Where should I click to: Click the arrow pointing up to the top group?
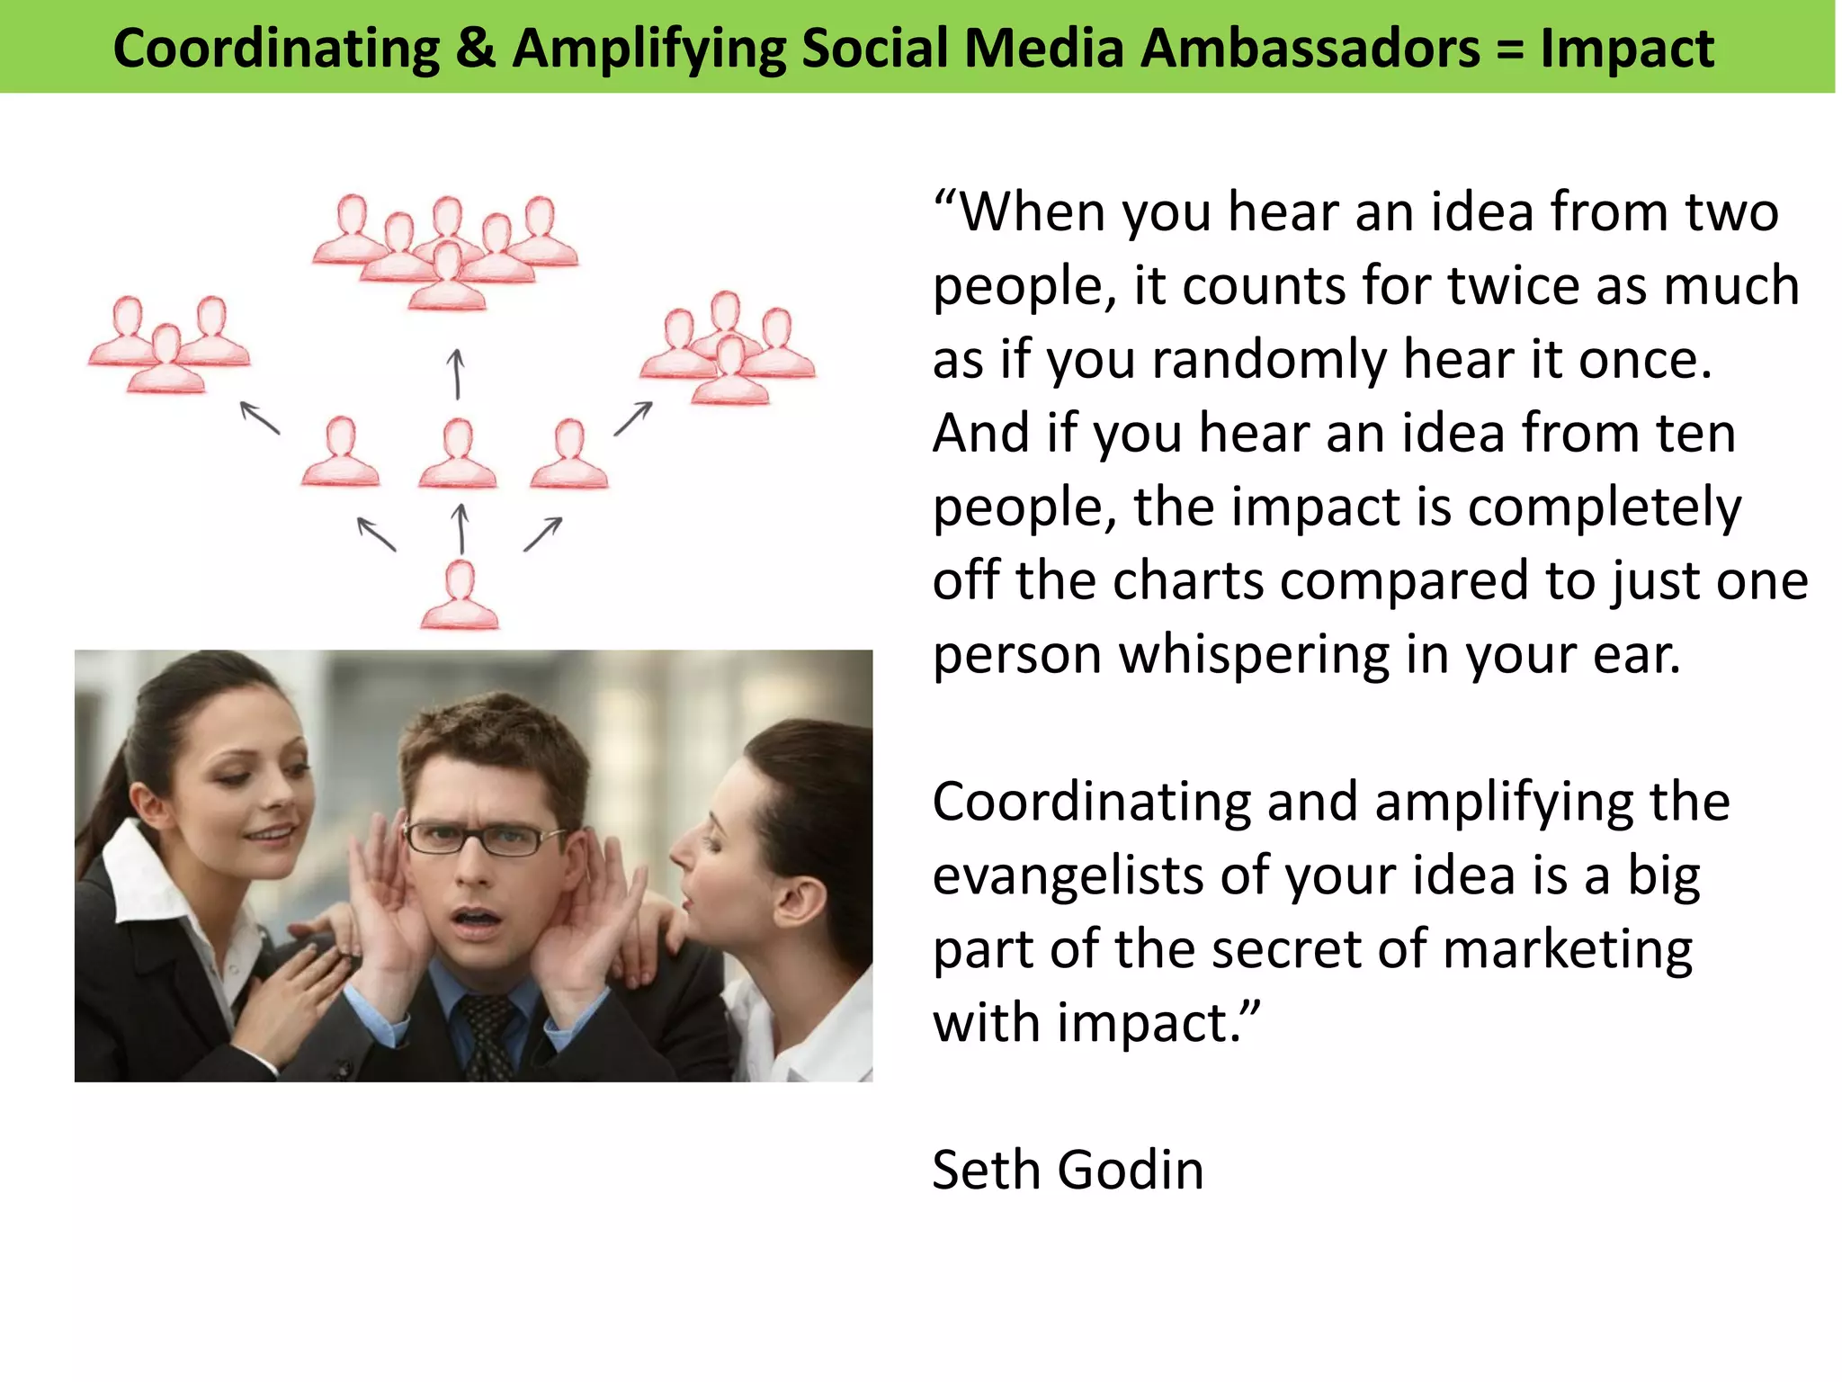tap(457, 373)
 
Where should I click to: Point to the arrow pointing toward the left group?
tap(260, 418)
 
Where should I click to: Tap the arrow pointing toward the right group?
tap(633, 418)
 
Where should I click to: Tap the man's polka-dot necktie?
tap(487, 1035)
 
